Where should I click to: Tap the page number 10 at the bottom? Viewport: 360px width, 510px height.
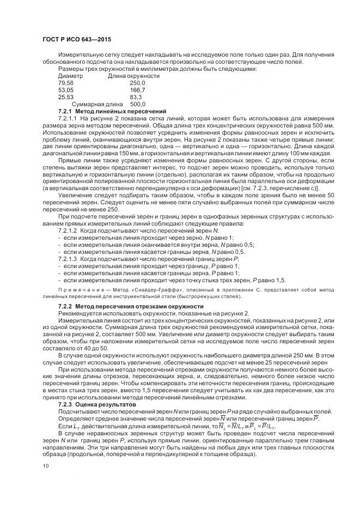pyautogui.click(x=45, y=466)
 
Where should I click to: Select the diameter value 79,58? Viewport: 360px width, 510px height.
pyautogui.click(x=65, y=83)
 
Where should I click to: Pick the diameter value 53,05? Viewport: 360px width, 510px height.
pyautogui.click(x=65, y=90)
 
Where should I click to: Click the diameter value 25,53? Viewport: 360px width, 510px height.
pyautogui.click(x=65, y=96)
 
